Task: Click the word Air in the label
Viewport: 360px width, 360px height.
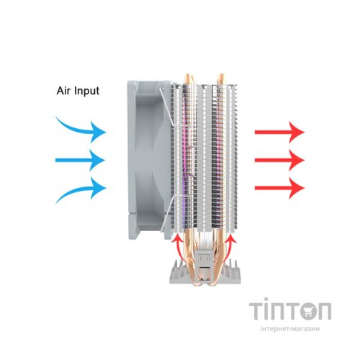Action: pyautogui.click(x=64, y=91)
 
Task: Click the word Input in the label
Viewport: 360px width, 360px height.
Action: pyautogui.click(x=87, y=91)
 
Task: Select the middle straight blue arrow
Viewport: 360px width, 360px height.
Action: pyautogui.click(x=81, y=160)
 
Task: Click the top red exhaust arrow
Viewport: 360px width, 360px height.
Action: pyautogui.click(x=280, y=132)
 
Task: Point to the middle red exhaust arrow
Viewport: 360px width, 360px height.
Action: pyautogui.click(x=280, y=160)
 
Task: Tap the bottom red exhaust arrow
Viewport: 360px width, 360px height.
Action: pyautogui.click(x=280, y=188)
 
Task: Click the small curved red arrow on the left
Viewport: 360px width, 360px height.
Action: pyautogui.click(x=177, y=247)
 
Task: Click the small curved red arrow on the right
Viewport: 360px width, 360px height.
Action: pyautogui.click(x=230, y=247)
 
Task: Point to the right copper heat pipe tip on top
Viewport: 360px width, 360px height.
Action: pyautogui.click(x=220, y=79)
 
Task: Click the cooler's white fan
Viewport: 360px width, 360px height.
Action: pyautogui.click(x=149, y=160)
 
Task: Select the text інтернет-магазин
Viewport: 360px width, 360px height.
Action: pyautogui.click(x=290, y=328)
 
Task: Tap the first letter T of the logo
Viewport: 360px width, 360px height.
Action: pyautogui.click(x=256, y=311)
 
